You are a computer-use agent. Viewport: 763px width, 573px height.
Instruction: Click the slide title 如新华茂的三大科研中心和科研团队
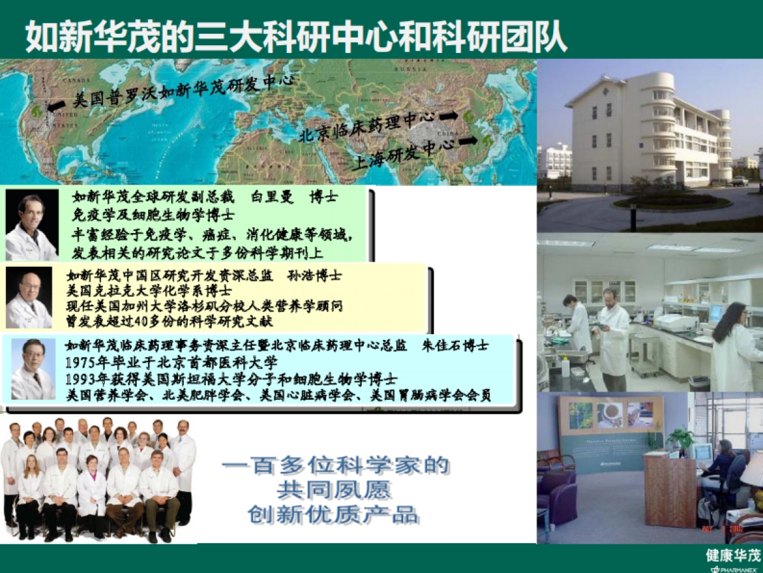[296, 37]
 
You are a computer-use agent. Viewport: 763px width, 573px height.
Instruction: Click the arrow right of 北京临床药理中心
[448, 116]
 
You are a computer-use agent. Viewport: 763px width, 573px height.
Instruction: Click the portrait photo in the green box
[32, 225]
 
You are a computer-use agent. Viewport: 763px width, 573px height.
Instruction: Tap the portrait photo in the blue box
[33, 370]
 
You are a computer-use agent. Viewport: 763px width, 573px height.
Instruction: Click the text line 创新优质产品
[334, 514]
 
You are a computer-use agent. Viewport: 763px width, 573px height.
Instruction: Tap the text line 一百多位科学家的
[335, 466]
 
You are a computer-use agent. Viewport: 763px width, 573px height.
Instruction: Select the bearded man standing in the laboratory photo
[612, 337]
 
